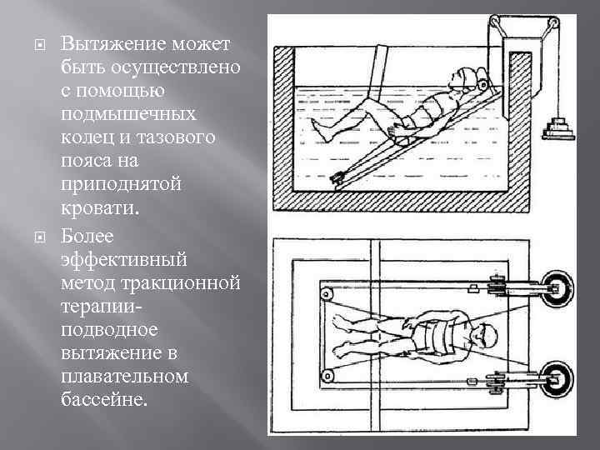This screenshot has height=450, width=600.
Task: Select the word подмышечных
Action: [x=128, y=114]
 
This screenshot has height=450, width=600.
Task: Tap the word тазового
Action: [x=176, y=137]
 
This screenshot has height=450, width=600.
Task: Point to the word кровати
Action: [x=99, y=208]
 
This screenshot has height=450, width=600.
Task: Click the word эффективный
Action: [x=123, y=259]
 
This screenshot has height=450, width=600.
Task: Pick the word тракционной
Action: [x=180, y=283]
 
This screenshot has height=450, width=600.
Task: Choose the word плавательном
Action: [x=124, y=377]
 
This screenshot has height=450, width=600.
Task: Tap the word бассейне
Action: [x=104, y=399]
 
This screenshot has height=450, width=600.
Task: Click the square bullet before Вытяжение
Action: [x=39, y=45]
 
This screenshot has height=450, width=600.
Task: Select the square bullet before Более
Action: [x=39, y=237]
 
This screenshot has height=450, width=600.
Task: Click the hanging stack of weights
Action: [x=558, y=128]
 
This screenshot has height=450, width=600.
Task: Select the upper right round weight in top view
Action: [x=557, y=289]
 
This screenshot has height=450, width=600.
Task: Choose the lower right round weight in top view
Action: [x=557, y=380]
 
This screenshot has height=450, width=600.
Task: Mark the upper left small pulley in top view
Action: [x=327, y=294]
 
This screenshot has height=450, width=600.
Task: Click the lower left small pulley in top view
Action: [x=327, y=376]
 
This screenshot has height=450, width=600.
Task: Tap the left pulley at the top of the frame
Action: [x=495, y=20]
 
